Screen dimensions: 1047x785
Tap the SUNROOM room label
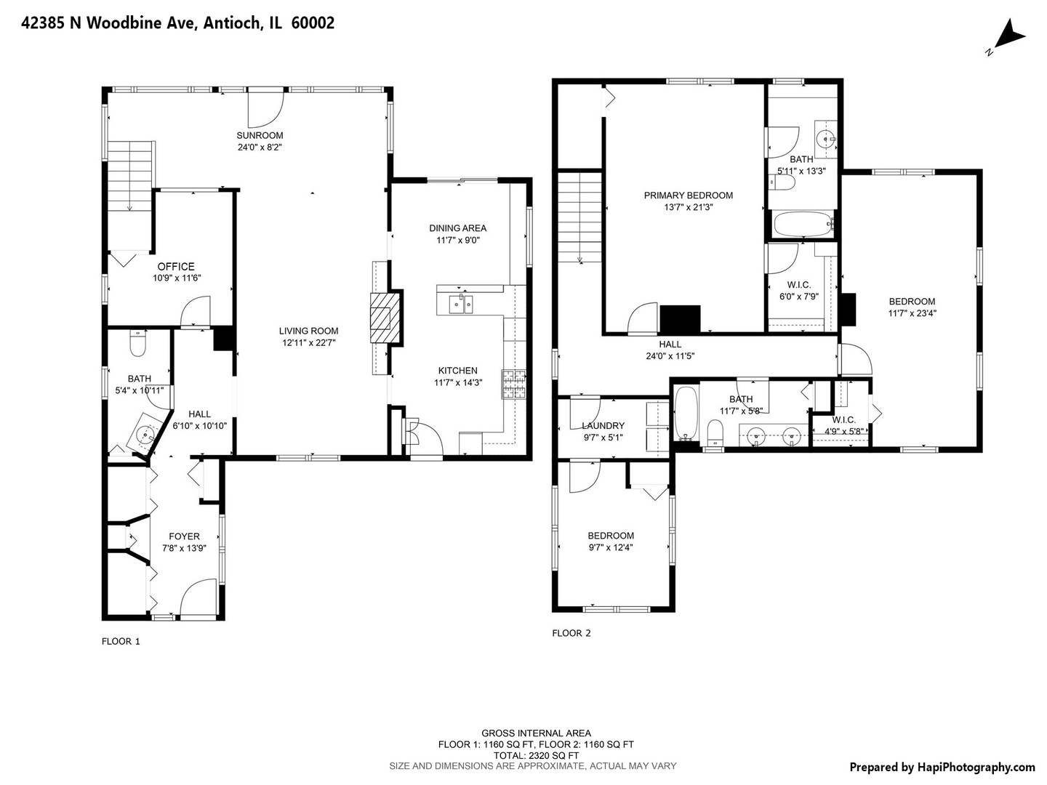260,135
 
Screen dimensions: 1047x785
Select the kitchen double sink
461,305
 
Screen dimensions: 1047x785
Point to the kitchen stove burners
513,384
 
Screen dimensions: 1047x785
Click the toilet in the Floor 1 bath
137,344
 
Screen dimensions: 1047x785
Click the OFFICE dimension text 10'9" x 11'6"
177,278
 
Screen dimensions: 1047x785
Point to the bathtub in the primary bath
803,224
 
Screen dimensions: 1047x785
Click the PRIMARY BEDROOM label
688,196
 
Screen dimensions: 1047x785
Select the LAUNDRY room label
603,426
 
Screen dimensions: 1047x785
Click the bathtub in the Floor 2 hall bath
686,414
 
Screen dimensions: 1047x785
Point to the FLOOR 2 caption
571,633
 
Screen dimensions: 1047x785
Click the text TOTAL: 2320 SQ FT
536,755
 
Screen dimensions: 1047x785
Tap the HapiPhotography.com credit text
976,768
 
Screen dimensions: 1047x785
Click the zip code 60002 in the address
313,23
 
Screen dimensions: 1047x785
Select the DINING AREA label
457,228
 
